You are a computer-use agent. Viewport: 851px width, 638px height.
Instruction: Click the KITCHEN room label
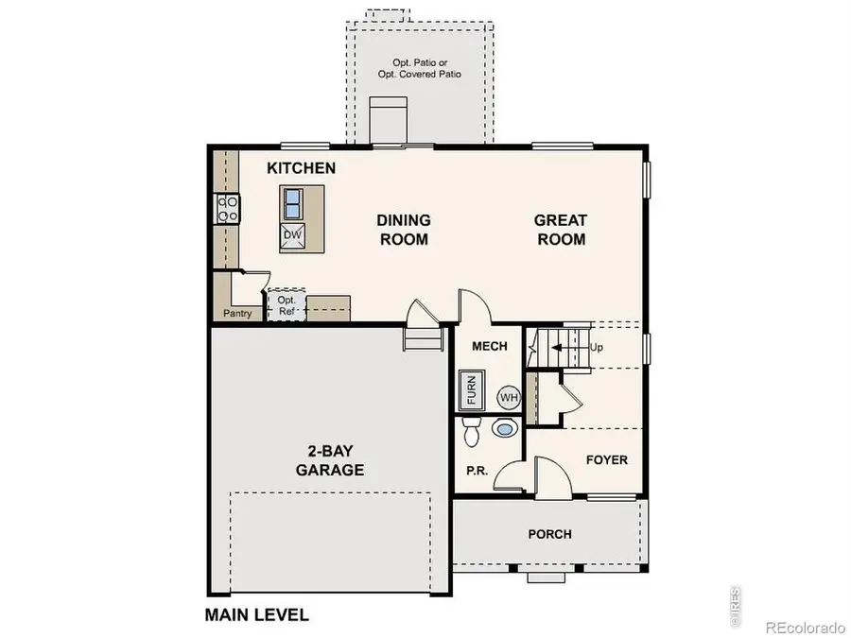pos(301,168)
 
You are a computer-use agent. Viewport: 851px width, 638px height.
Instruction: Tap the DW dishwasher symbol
pos(292,234)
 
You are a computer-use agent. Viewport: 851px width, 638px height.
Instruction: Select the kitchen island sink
pos(292,202)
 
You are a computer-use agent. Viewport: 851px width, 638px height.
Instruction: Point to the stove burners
pos(227,207)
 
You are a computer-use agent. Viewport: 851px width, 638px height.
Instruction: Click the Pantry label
pos(237,313)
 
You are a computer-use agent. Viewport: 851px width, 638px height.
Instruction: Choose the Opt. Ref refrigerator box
pos(287,305)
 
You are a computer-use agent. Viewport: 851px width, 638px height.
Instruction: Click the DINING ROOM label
pos(403,230)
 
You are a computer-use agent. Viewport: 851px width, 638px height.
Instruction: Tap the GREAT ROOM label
pos(561,230)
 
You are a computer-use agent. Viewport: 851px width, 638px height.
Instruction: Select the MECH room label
pos(490,346)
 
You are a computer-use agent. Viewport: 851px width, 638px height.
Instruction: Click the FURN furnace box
pos(468,390)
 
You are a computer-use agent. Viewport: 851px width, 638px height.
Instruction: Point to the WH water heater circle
pos(510,397)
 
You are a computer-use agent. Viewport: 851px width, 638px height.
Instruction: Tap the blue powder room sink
pos(506,430)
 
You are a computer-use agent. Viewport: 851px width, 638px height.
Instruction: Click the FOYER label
pos(606,460)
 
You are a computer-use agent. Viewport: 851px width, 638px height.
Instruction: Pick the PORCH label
pos(549,534)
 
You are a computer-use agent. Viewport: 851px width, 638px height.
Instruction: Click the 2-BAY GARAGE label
pos(329,460)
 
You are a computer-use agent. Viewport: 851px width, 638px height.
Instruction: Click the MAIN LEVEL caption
pos(256,614)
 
